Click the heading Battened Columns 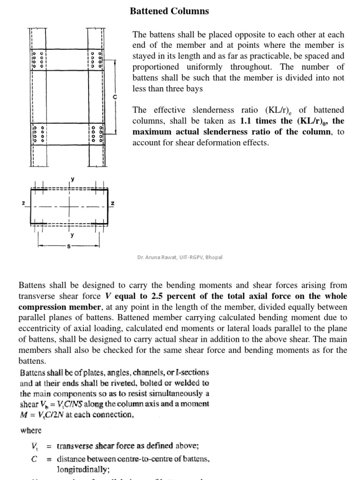pyautogui.click(x=169, y=11)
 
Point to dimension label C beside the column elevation pyautogui.click(x=114, y=96)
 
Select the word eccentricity pyautogui.click(x=39, y=329)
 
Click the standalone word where pyautogui.click(x=30, y=430)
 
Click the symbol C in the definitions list pyautogui.click(x=34, y=459)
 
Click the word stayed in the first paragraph pyautogui.click(x=145, y=56)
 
